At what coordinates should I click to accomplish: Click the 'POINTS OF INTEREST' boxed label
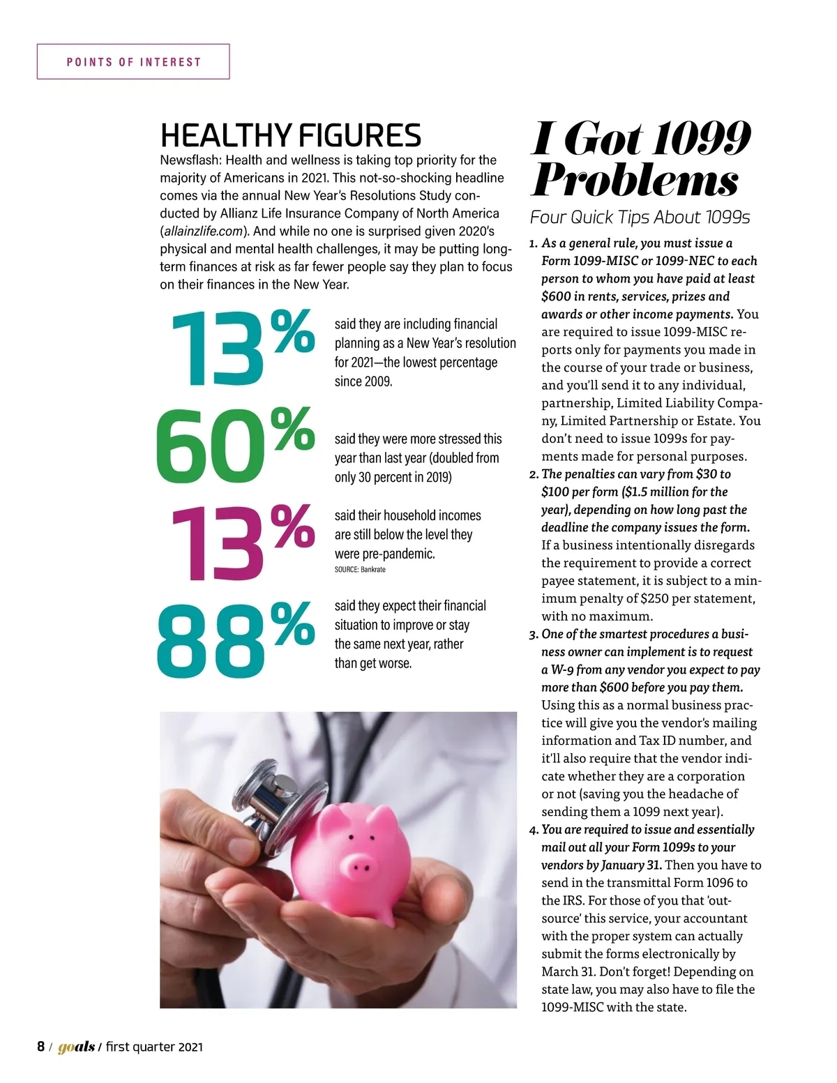pos(133,62)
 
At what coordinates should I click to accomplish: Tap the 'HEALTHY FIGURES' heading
pos(290,135)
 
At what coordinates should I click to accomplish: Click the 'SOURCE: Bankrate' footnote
pos(360,570)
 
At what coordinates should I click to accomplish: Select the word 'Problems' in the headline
pos(635,181)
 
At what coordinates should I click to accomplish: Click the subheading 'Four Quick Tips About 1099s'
pos(640,218)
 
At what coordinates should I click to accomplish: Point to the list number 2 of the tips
pos(534,475)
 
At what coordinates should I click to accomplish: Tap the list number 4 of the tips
pos(534,831)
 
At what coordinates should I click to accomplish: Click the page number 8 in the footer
pos(40,1047)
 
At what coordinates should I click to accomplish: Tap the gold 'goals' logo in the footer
pos(76,1047)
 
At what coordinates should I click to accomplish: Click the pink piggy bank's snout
pos(360,867)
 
